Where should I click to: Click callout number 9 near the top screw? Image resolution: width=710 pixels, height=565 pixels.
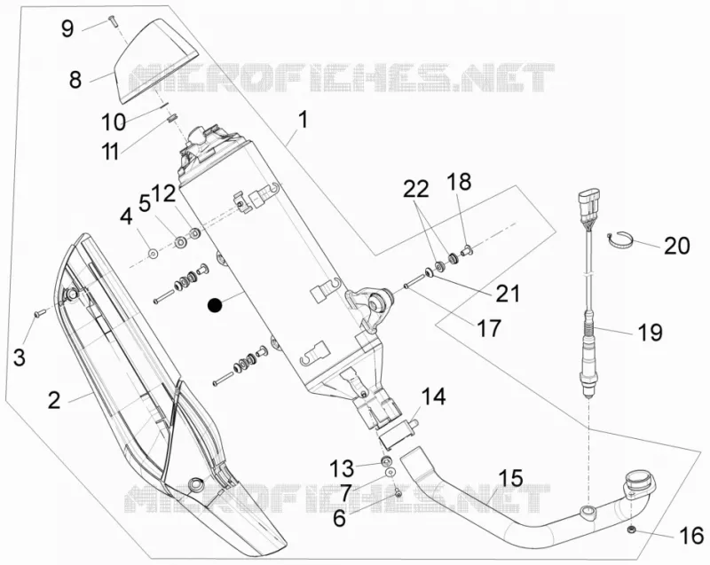67,29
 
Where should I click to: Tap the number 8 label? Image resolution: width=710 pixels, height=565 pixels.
75,80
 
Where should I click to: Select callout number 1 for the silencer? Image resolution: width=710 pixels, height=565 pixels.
303,121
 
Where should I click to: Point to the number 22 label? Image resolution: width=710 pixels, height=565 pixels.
416,189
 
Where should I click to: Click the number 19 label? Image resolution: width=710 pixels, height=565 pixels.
651,332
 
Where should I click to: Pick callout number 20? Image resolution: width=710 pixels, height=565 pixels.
677,246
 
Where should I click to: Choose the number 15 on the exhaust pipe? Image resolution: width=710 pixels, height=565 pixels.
511,479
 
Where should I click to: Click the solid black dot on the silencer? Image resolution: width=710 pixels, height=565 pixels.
215,306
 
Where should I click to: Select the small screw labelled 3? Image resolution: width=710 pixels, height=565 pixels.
40,312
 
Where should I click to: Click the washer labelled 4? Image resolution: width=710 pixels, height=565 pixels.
153,253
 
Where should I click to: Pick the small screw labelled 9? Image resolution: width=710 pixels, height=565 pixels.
112,20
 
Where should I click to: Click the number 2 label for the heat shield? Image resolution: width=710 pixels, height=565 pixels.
54,401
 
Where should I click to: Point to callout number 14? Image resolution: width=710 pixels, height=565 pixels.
433,396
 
